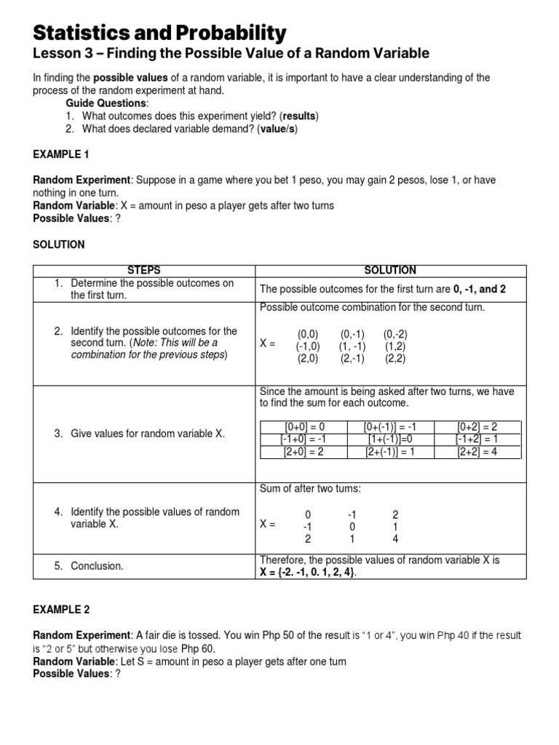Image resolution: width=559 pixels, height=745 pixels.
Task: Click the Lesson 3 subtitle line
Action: point(231,53)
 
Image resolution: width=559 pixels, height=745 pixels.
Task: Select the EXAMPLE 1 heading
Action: point(63,155)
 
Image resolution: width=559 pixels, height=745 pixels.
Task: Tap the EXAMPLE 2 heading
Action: point(63,609)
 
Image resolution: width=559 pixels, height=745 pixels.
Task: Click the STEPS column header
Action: point(143,270)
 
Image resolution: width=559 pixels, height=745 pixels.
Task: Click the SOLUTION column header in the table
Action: point(389,270)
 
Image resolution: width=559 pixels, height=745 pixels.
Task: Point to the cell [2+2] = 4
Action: point(477,452)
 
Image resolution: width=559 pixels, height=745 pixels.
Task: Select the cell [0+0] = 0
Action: point(304,427)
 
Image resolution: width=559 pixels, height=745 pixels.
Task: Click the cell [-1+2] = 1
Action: point(477,439)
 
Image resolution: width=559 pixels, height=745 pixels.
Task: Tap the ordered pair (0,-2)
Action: point(395,334)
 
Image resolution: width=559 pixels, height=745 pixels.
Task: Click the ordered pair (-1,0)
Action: point(308,346)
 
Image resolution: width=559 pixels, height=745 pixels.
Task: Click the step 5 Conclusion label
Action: point(97,565)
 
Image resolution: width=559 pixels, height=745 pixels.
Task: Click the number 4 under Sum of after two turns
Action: point(395,539)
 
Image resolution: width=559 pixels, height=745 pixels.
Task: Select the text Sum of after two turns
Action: point(310,488)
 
